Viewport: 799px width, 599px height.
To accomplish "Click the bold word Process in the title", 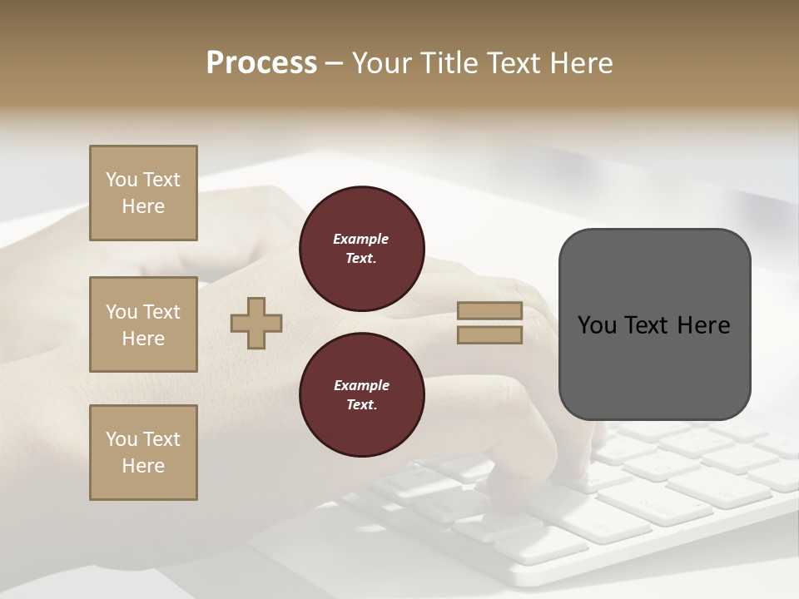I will pos(261,63).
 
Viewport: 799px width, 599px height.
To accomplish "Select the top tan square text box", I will pos(143,193).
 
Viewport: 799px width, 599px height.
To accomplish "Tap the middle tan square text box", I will pos(143,324).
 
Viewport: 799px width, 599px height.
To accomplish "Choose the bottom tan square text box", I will pos(143,453).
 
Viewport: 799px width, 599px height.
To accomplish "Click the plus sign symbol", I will pos(256,324).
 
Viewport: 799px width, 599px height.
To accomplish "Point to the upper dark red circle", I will pos(361,248).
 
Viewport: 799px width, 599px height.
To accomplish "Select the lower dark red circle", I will pos(361,394).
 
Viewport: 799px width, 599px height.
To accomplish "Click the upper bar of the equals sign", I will pos(489,311).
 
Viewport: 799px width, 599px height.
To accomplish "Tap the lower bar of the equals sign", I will pos(489,335).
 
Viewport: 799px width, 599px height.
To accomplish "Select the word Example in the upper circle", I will pos(361,239).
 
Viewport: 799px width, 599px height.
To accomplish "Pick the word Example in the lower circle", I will pos(361,385).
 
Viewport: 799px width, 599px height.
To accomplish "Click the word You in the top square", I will pos(121,180).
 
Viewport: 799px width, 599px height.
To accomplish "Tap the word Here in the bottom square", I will pos(143,466).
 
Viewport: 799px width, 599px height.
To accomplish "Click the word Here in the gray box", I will pos(703,325).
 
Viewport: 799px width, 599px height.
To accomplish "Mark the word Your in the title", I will pos(380,63).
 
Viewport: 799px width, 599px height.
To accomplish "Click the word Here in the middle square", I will pos(143,339).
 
